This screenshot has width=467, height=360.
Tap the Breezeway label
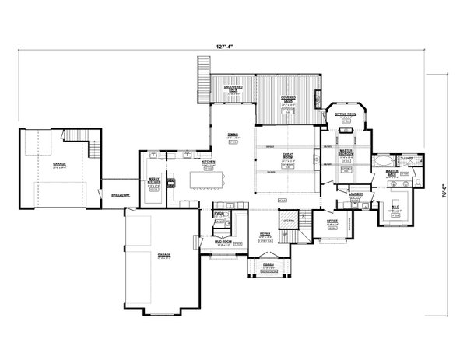point(120,195)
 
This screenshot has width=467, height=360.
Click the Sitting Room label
point(345,114)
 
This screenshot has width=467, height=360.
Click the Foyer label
point(265,233)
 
